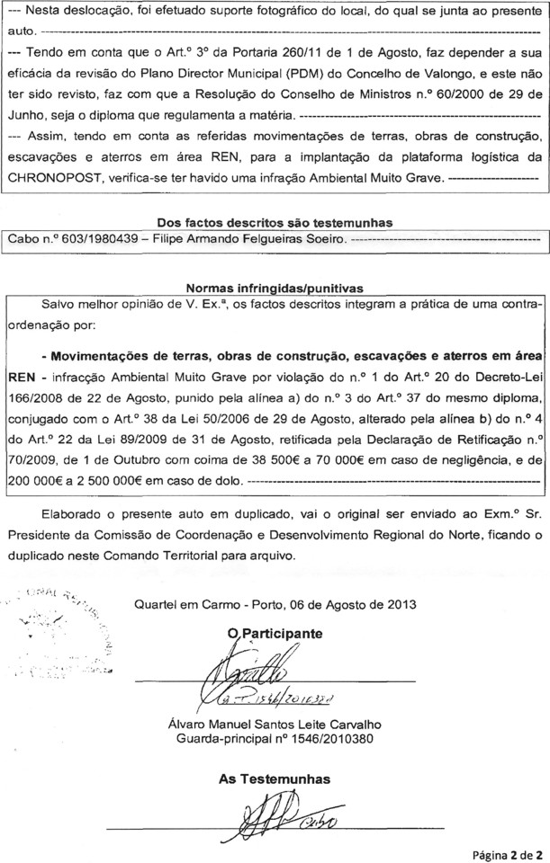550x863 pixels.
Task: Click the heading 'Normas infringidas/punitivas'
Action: (275, 288)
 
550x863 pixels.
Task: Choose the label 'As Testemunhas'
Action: (275, 777)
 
